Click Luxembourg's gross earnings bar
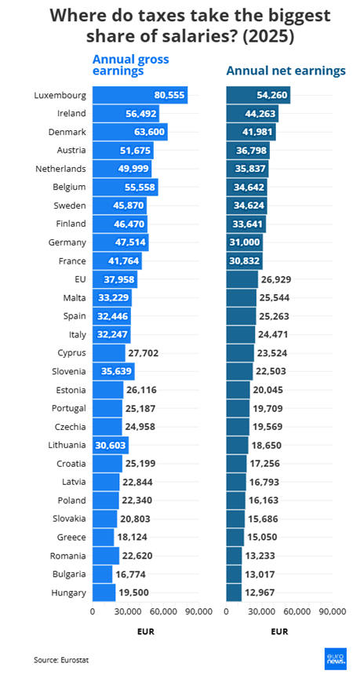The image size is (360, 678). (140, 95)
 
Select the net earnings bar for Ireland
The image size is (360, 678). (253, 114)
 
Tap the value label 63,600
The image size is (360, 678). (150, 132)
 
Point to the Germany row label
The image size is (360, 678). (67, 242)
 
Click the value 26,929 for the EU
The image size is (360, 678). (276, 279)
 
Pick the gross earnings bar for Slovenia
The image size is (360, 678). (114, 371)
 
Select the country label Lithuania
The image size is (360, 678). (67, 445)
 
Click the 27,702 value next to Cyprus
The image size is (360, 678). (143, 353)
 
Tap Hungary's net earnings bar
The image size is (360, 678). (235, 592)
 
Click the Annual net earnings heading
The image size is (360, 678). (286, 71)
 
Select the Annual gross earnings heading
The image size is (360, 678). (130, 65)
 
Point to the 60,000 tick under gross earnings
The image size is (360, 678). (164, 611)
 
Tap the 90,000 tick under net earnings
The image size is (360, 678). (333, 611)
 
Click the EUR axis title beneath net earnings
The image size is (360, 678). (279, 632)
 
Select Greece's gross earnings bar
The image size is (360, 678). (104, 537)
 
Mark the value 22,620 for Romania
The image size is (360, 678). (137, 556)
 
